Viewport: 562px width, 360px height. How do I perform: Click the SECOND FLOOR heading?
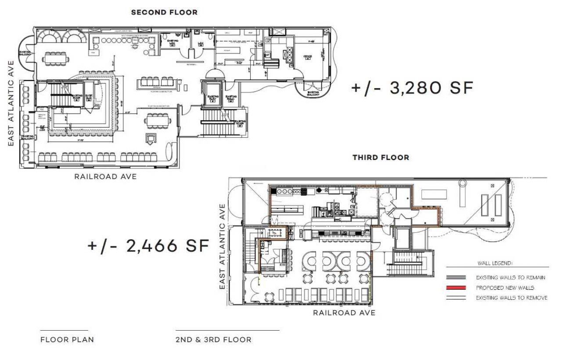pos(164,12)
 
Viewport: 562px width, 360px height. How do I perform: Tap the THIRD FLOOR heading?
pos(381,157)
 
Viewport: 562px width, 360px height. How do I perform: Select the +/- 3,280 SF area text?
pos(412,87)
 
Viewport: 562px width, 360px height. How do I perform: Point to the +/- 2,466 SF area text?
pos(148,245)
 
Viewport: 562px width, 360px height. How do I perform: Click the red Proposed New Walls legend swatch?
pos(458,288)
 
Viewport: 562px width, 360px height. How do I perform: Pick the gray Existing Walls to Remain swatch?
pos(458,278)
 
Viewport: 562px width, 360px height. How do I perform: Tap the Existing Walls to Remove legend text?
pos(512,298)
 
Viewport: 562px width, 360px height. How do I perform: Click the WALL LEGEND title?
pos(494,263)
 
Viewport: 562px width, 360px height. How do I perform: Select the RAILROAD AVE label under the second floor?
pos(105,176)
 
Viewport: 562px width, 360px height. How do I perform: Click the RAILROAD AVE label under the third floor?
pos(344,313)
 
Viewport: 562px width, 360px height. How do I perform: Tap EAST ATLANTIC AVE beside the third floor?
pos(222,246)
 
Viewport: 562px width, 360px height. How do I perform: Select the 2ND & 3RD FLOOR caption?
pos(213,339)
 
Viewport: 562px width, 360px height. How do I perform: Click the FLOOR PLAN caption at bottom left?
pos(67,339)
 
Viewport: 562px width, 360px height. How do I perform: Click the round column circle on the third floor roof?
pos(463,184)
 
